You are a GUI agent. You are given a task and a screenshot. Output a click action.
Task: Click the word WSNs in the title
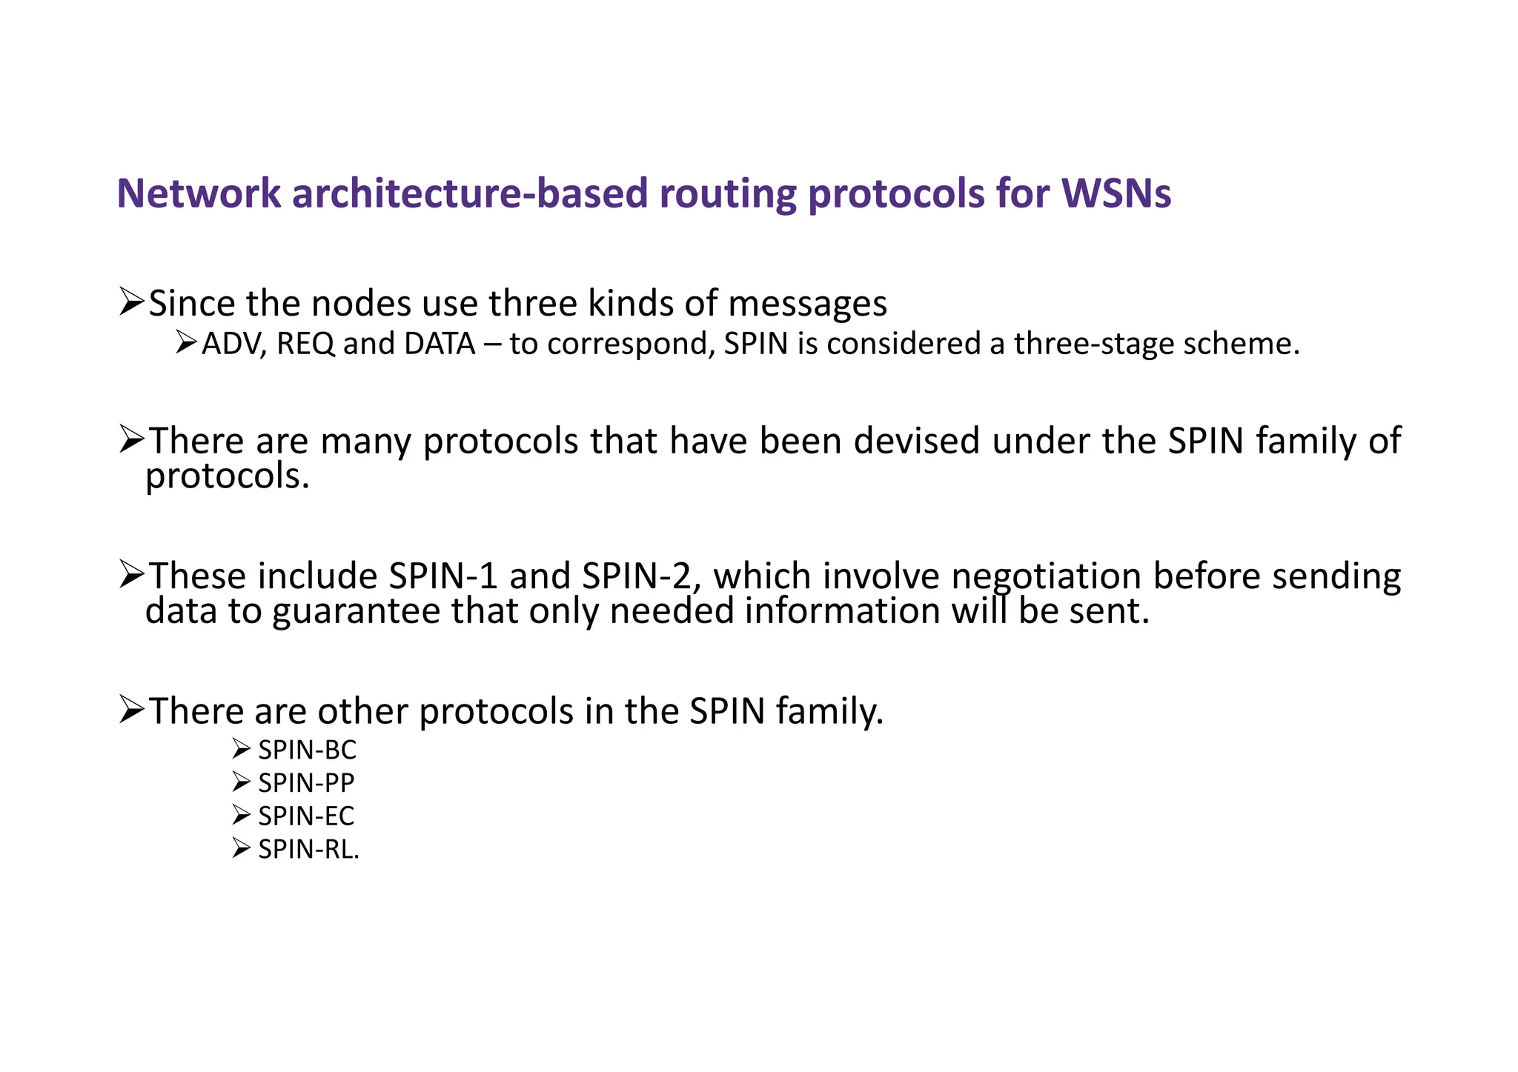(x=1116, y=193)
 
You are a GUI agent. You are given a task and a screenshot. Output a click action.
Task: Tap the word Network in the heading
(x=199, y=193)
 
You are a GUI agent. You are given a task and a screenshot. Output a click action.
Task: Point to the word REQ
(x=305, y=344)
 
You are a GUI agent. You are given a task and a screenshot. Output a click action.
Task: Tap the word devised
(x=917, y=441)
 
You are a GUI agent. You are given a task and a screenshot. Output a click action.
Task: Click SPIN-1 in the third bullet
(x=443, y=576)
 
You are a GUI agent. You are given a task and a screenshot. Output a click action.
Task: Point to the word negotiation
(x=1046, y=576)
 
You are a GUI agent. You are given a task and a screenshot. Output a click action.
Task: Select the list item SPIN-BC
(x=307, y=750)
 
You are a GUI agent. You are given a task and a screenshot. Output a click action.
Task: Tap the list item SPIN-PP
(x=306, y=783)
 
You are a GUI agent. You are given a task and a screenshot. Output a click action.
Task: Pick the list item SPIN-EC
(x=306, y=816)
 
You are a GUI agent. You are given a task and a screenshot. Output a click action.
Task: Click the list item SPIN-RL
(x=308, y=849)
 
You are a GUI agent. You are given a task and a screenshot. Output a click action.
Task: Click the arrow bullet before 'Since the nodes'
(x=131, y=303)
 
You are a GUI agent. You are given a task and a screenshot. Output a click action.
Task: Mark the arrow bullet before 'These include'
(x=131, y=576)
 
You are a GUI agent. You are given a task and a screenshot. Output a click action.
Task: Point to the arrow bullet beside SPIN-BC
(x=241, y=750)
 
